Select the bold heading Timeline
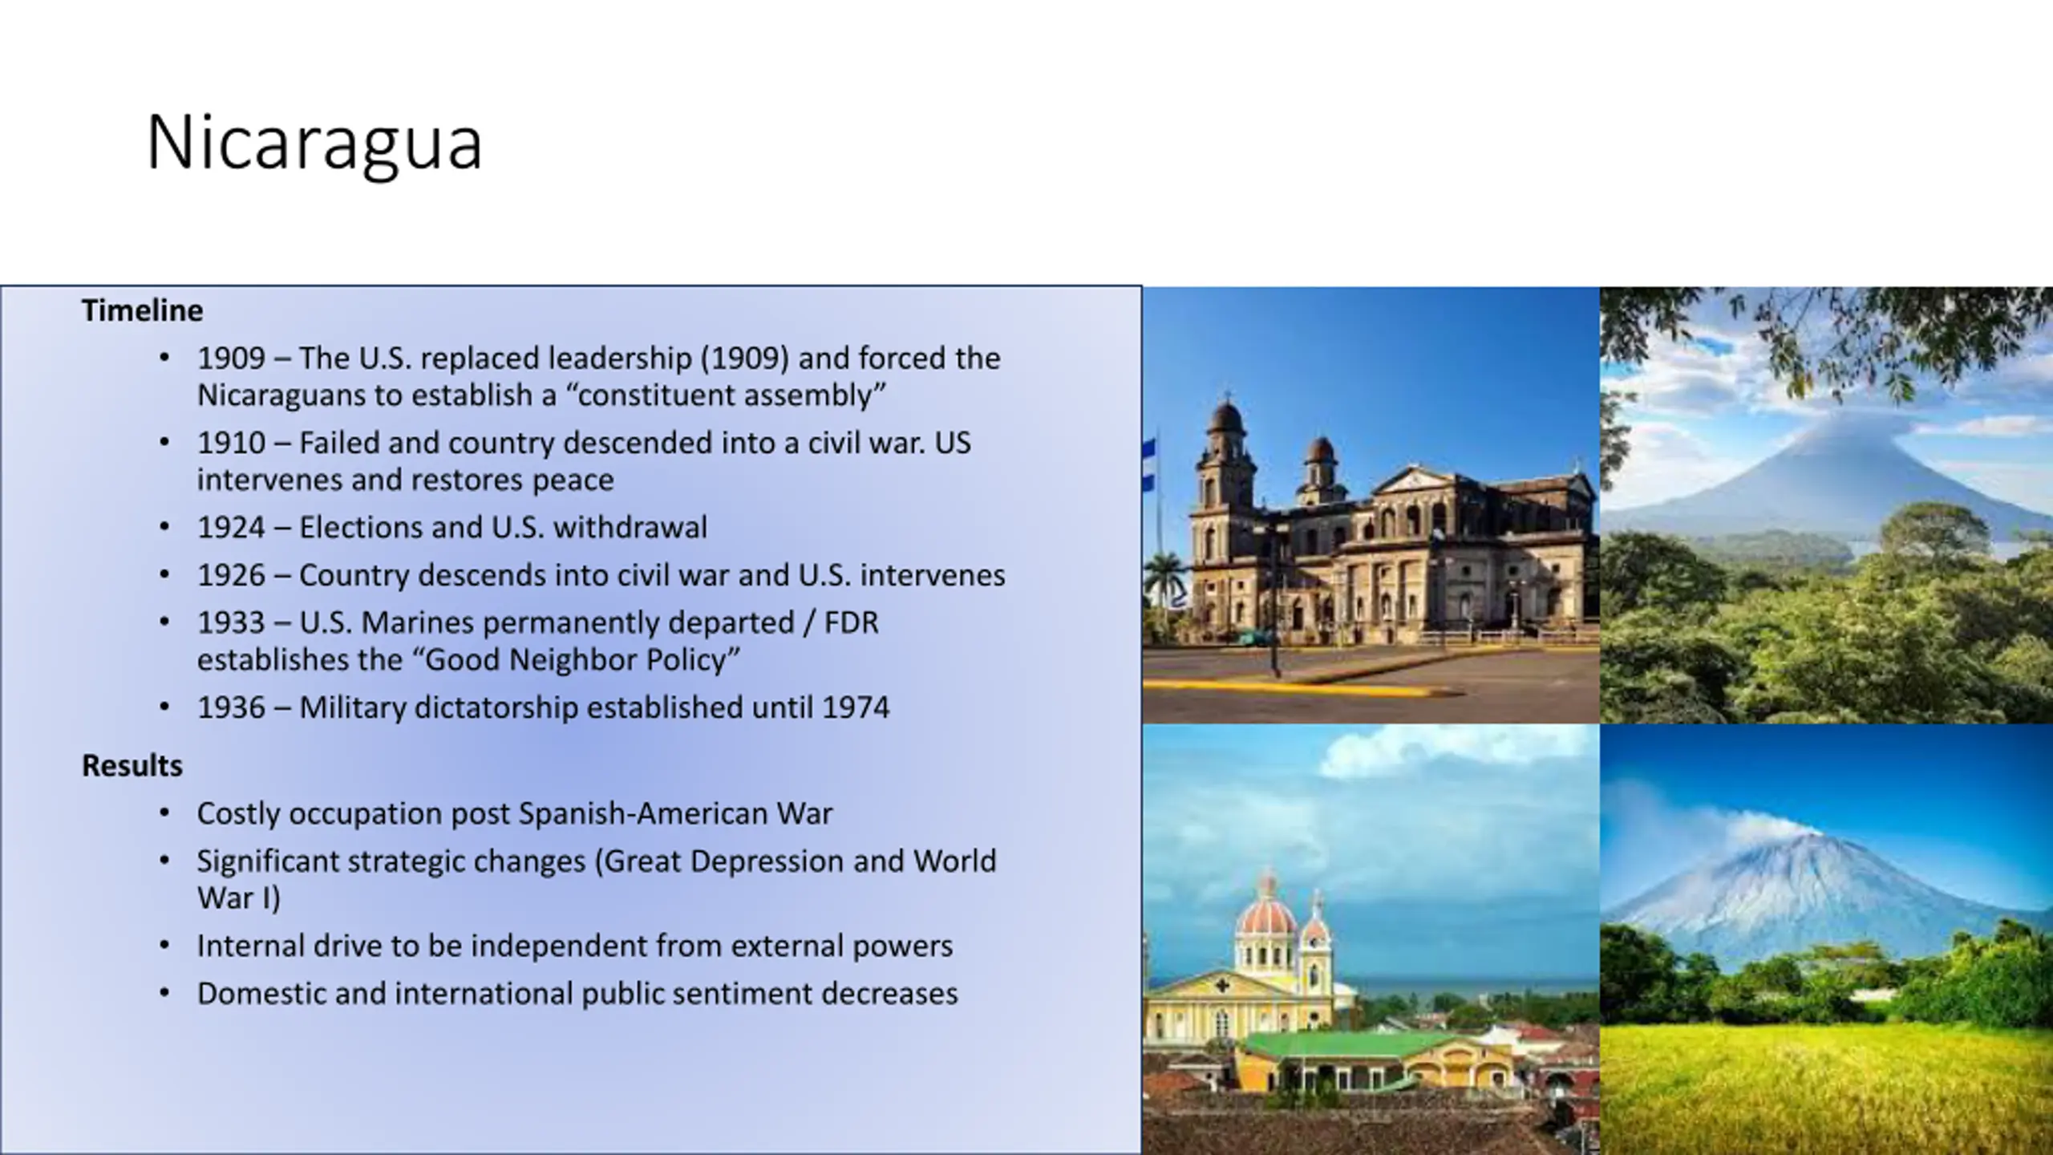coord(143,310)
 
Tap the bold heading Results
coord(132,766)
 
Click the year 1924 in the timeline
coord(231,528)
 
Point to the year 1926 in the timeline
coord(231,575)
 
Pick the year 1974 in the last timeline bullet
coord(856,707)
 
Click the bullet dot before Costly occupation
coord(164,813)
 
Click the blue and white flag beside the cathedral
coord(1148,465)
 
